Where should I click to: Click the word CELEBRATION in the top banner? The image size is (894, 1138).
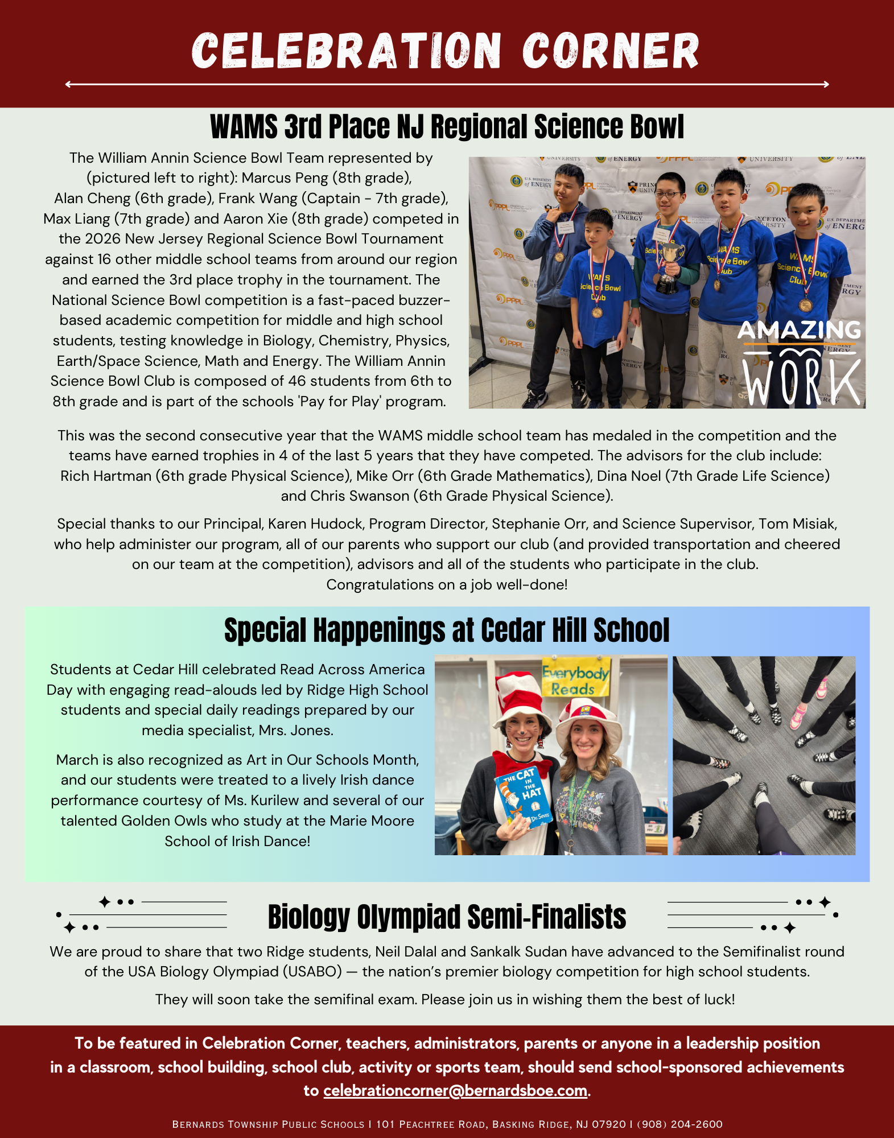(346, 51)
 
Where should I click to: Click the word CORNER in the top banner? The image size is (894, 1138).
(610, 51)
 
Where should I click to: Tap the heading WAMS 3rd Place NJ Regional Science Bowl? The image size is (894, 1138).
(447, 126)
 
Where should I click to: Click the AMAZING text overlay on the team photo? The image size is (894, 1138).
(799, 329)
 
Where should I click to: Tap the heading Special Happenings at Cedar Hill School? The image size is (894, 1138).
(447, 630)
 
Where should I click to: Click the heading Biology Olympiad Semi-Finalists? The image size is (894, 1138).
(447, 917)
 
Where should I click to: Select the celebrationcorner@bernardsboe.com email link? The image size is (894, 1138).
(455, 1090)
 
